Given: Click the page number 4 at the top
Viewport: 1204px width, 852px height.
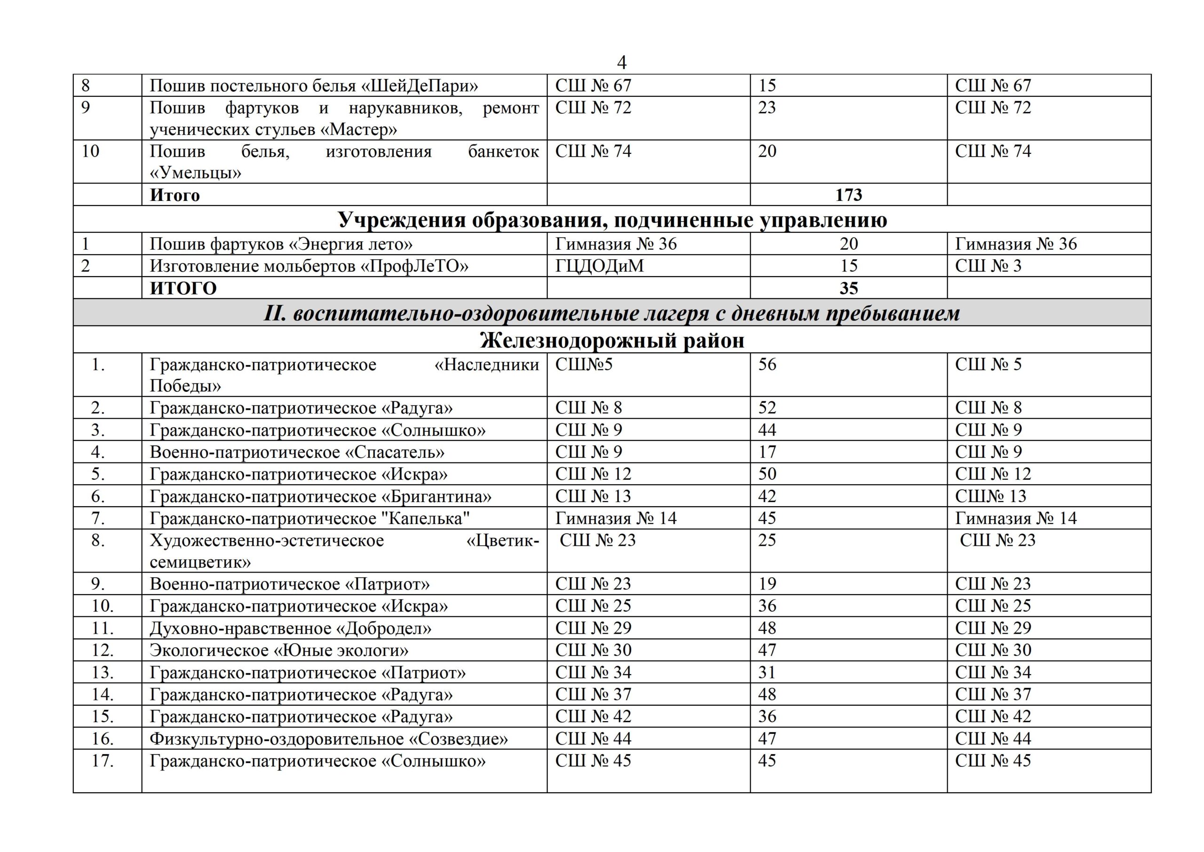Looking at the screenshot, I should [x=621, y=63].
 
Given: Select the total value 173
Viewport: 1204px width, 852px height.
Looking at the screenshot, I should [x=848, y=195].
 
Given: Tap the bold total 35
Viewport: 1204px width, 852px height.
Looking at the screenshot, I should [x=848, y=288].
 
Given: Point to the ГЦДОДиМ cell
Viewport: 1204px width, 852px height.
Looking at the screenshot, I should [x=599, y=266].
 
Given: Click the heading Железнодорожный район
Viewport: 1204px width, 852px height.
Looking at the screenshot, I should [x=612, y=341].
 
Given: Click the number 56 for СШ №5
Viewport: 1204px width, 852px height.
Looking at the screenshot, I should [x=767, y=364].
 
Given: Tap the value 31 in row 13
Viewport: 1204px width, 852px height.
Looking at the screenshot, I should [x=766, y=673].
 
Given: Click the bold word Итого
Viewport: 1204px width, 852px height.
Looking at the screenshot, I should [x=174, y=195].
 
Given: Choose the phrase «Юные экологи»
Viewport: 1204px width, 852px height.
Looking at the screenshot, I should [x=341, y=651].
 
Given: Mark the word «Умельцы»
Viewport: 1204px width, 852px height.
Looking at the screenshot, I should [x=196, y=173].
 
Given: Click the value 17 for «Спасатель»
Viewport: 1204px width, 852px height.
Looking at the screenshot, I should [x=766, y=452].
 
